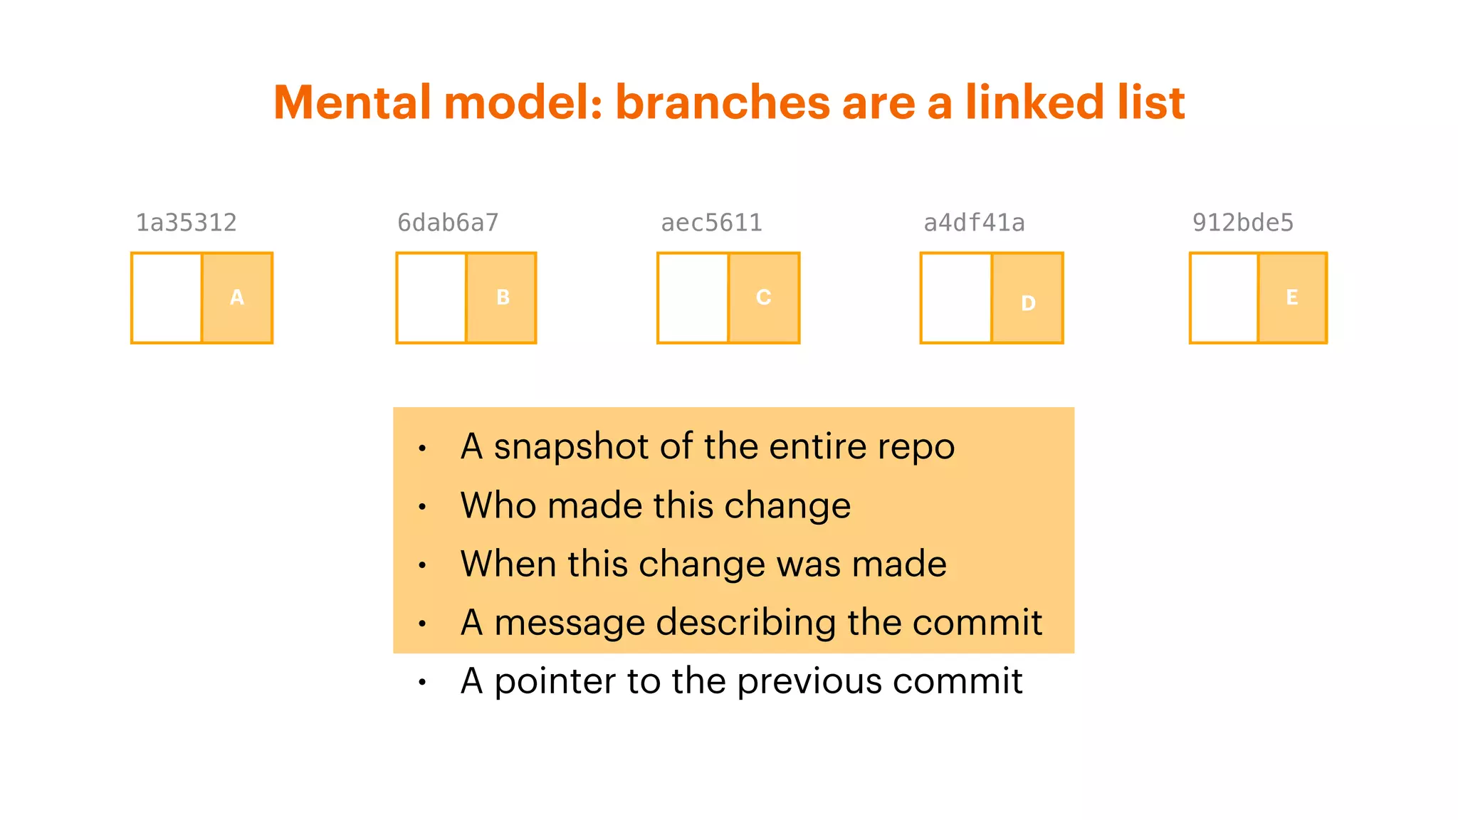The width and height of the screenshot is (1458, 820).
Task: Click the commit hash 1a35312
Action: pos(186,223)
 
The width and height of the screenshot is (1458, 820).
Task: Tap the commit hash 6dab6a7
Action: pos(448,223)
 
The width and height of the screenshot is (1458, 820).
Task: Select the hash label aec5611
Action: pos(711,223)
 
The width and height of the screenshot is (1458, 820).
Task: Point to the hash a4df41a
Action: pos(974,223)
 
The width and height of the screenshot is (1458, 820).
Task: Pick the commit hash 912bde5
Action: pos(1242,223)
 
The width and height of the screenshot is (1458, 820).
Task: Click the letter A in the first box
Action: pos(237,298)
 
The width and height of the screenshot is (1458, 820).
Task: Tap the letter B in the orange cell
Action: pos(503,298)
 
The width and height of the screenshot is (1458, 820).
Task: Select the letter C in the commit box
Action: pos(763,298)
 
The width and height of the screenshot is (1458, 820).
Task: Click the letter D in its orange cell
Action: pos(1028,303)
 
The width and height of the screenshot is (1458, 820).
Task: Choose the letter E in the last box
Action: pos(1291,298)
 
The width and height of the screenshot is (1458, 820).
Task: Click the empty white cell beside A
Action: pos(167,298)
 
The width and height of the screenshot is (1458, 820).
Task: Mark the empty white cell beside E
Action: pos(1224,298)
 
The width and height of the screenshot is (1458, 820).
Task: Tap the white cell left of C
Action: pos(693,298)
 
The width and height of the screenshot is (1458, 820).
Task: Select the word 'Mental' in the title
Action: pos(352,102)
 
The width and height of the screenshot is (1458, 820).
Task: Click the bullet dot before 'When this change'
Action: pos(422,565)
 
